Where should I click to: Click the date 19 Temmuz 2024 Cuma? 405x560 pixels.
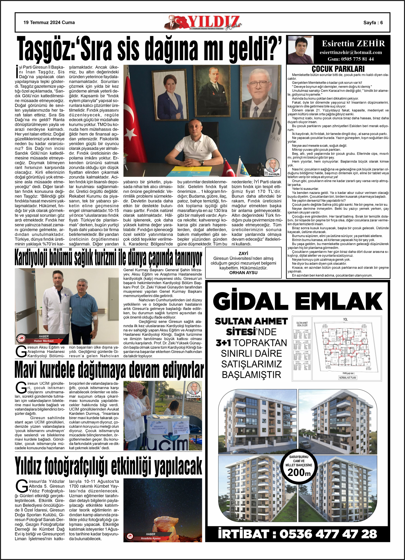click(49, 22)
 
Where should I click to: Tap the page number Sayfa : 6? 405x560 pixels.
click(373, 23)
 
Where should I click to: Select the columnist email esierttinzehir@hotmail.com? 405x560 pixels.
click(351, 52)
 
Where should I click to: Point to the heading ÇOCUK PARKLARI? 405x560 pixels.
click(338, 69)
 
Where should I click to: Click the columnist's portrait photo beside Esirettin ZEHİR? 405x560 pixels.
click(300, 50)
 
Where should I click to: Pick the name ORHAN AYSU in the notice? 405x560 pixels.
click(243, 273)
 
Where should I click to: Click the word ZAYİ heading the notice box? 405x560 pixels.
click(243, 253)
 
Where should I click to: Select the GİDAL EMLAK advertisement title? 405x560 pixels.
click(297, 302)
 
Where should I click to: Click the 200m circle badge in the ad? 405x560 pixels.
click(299, 467)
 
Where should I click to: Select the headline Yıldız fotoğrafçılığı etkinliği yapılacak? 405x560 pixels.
click(109, 467)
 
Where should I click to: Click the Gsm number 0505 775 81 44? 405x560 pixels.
click(351, 59)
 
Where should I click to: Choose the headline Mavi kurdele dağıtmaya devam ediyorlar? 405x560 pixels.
click(109, 370)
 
